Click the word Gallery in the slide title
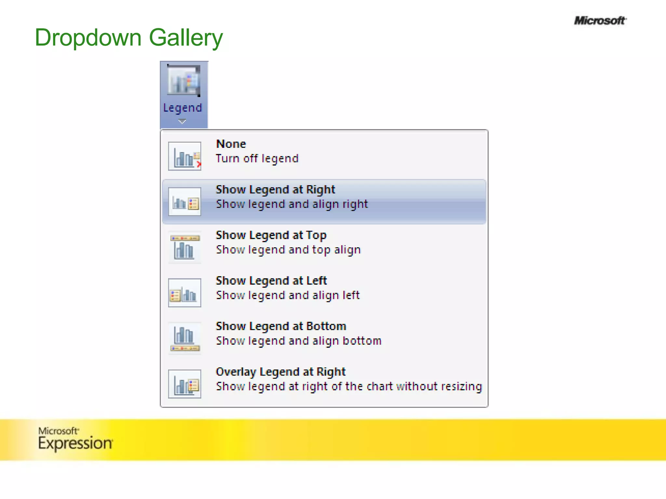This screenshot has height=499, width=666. click(186, 38)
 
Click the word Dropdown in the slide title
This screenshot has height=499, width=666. click(88, 38)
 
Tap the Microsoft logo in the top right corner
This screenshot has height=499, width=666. click(600, 21)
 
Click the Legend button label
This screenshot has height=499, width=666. click(182, 108)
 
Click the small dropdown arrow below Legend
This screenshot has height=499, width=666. click(182, 122)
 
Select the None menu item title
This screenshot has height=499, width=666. click(231, 144)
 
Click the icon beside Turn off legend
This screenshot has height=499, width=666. click(184, 156)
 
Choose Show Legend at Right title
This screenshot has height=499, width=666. click(275, 189)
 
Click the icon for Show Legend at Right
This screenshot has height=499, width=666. click(184, 202)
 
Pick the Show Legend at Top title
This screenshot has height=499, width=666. click(271, 235)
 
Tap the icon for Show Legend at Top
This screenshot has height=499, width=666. click(184, 247)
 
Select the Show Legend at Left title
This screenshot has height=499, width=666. click(271, 280)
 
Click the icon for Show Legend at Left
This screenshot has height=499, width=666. click(184, 293)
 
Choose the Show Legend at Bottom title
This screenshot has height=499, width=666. click(281, 326)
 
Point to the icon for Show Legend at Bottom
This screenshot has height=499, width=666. click(184, 338)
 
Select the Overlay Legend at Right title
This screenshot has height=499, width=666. click(280, 372)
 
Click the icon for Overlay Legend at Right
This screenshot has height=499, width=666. click(184, 384)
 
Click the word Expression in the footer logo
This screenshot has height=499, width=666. click(75, 443)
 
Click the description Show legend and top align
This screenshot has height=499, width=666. click(288, 250)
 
